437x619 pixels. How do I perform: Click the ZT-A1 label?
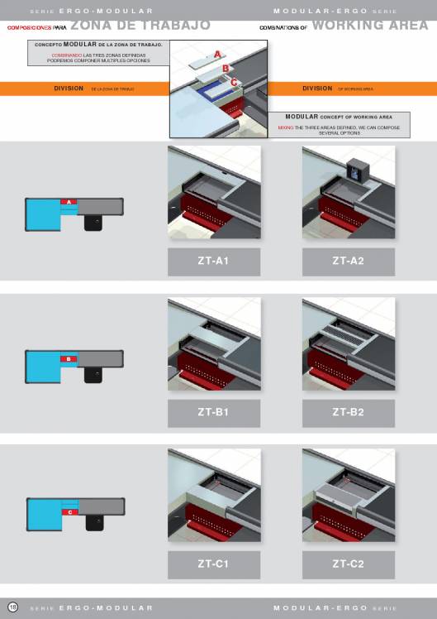(x=213, y=261)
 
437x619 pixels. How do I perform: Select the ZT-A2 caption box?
(x=349, y=261)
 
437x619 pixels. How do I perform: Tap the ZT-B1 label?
(x=213, y=412)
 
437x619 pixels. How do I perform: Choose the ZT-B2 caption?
(x=349, y=412)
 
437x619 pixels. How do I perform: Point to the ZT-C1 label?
(x=213, y=564)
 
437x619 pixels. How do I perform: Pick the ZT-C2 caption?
(x=349, y=564)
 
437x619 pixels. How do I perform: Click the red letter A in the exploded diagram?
(x=218, y=54)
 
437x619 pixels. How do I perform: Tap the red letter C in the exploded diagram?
(x=235, y=82)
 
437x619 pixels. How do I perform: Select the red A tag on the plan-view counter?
(x=70, y=201)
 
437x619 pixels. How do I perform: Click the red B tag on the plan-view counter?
(x=70, y=358)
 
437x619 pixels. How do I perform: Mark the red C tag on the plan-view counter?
(x=70, y=512)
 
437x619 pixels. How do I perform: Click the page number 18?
(x=12, y=608)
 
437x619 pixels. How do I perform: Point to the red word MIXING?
(x=286, y=127)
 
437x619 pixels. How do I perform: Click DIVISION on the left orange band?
(x=69, y=89)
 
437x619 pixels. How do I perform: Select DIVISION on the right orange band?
(x=317, y=89)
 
